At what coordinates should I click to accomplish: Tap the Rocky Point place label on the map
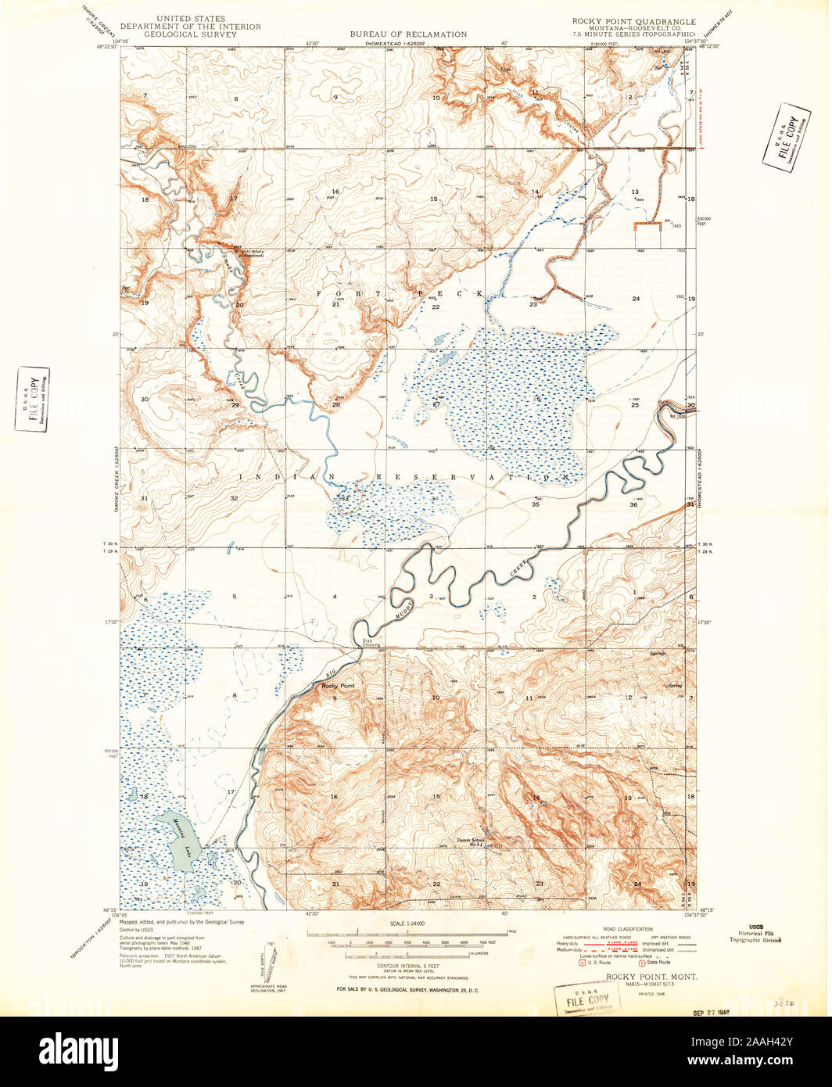pyautogui.click(x=338, y=686)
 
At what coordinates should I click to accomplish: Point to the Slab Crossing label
pyautogui.click(x=371, y=643)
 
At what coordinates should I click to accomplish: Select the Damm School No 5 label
pyautogui.click(x=472, y=841)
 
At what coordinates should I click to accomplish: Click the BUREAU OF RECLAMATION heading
pyautogui.click(x=408, y=34)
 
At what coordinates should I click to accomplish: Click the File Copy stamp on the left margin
pyautogui.click(x=32, y=399)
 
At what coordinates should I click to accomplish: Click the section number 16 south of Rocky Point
pyautogui.click(x=334, y=796)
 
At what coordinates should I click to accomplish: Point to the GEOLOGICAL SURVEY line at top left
pyautogui.click(x=191, y=34)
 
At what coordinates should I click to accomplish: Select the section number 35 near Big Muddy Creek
pyautogui.click(x=535, y=504)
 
